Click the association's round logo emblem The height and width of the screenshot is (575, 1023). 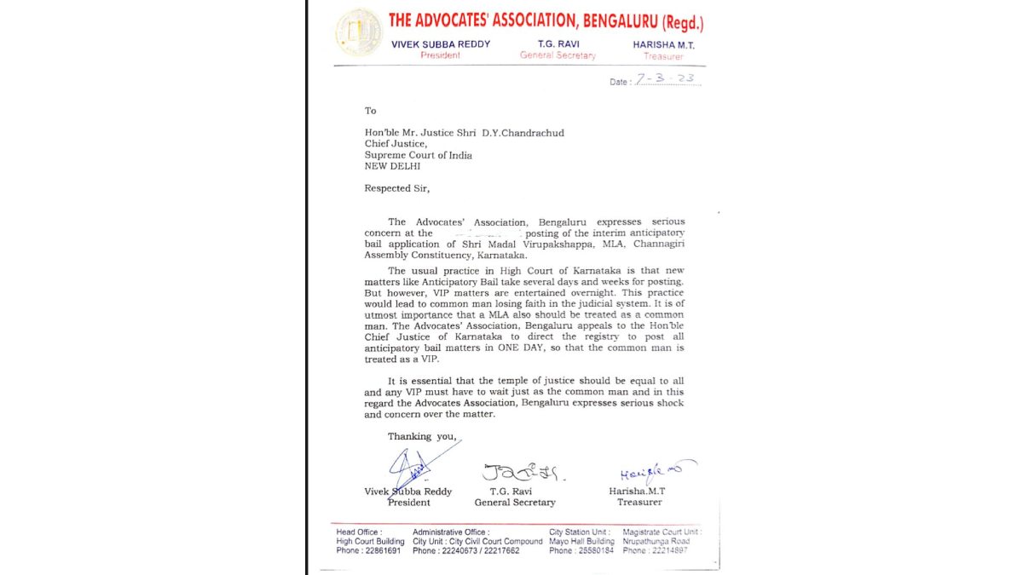click(x=359, y=33)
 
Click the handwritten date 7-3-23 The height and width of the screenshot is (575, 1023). click(x=666, y=79)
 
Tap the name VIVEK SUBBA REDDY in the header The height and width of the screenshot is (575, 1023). click(x=441, y=44)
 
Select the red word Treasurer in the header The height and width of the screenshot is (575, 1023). click(x=663, y=56)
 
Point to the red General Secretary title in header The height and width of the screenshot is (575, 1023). click(x=558, y=55)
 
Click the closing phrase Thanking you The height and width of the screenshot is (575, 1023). click(x=422, y=436)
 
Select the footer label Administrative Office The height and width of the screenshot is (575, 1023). click(x=450, y=532)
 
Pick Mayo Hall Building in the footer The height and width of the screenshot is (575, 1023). click(x=581, y=541)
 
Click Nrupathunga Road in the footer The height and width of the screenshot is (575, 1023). click(x=656, y=541)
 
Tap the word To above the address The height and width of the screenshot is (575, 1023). click(x=370, y=111)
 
